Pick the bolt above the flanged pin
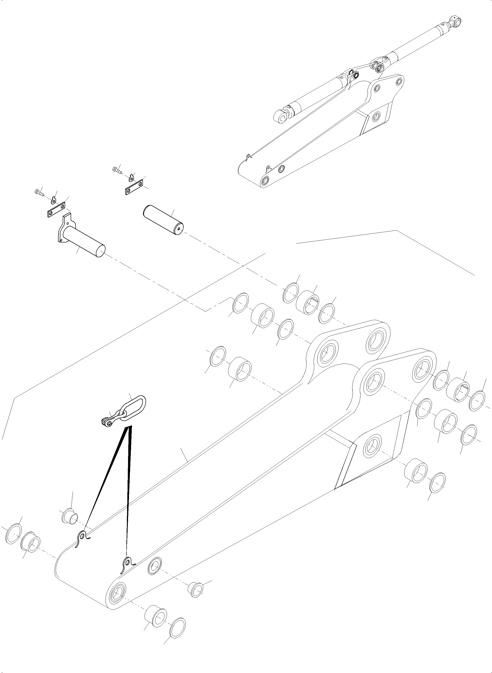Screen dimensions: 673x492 coord(39,192)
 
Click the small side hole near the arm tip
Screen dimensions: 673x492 coord(155,566)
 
